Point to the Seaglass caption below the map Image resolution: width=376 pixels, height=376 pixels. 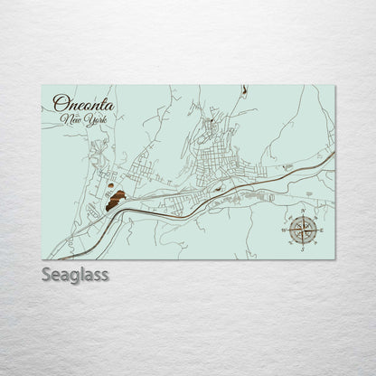click(74, 275)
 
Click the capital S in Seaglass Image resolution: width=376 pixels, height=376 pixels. click(47, 275)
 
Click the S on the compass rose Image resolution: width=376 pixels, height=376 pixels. click(302, 249)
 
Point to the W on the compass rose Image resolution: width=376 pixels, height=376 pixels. click(284, 231)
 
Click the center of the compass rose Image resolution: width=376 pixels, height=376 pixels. click(302, 231)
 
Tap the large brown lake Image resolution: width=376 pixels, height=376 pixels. click(116, 201)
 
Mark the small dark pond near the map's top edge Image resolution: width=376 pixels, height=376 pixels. click(244, 90)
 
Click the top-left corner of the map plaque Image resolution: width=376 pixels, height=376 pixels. click(42, 86)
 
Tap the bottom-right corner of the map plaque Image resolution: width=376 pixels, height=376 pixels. click(334, 259)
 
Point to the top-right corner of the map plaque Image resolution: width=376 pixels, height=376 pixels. click(334, 86)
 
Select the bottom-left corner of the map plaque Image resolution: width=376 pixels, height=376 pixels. click(42, 259)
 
